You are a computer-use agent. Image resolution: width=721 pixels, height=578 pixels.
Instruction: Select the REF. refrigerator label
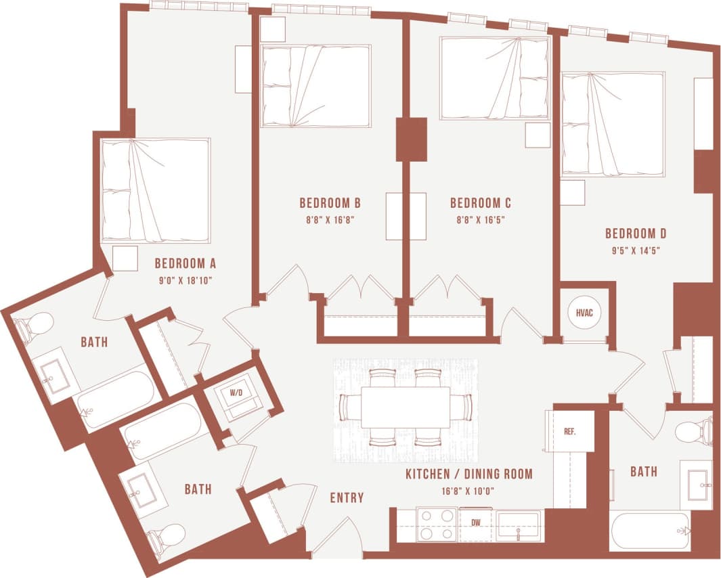pyautogui.click(x=571, y=431)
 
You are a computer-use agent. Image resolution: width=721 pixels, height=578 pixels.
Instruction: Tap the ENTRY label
pyautogui.click(x=347, y=497)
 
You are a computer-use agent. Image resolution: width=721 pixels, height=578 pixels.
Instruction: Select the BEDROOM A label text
pyautogui.click(x=185, y=263)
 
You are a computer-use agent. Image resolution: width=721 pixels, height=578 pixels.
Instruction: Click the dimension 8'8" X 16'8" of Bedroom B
pyautogui.click(x=329, y=219)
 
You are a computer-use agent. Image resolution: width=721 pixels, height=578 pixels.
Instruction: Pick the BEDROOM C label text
pyautogui.click(x=480, y=203)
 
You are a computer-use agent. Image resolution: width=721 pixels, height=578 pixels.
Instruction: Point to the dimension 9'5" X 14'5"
pyautogui.click(x=635, y=250)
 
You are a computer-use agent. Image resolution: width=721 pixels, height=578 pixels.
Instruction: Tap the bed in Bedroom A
pyautogui.click(x=155, y=190)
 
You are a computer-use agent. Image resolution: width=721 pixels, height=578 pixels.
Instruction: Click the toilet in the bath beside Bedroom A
pyautogui.click(x=34, y=326)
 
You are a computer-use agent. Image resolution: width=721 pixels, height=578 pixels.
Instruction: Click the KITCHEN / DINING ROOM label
pyautogui.click(x=468, y=474)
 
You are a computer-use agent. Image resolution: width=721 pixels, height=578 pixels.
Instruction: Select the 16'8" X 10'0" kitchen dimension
pyautogui.click(x=468, y=489)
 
